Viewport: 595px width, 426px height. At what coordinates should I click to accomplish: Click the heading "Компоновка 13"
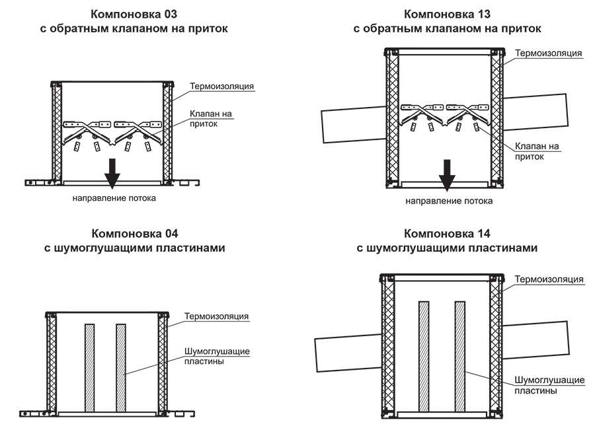pyautogui.click(x=447, y=14)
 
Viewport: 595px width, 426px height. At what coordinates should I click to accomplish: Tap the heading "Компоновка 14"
pyautogui.click(x=447, y=234)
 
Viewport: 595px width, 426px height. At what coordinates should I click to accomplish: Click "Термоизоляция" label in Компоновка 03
pyautogui.click(x=222, y=86)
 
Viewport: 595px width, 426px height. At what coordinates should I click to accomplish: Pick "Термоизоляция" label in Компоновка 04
pyautogui.click(x=217, y=316)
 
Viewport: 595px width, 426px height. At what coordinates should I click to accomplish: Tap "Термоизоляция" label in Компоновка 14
pyautogui.click(x=549, y=279)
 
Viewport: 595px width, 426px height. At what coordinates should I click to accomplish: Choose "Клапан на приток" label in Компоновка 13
pyautogui.click(x=536, y=151)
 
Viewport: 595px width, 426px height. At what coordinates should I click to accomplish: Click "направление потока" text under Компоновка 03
pyautogui.click(x=114, y=197)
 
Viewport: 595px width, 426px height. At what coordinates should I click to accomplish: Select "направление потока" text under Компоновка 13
pyautogui.click(x=449, y=201)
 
